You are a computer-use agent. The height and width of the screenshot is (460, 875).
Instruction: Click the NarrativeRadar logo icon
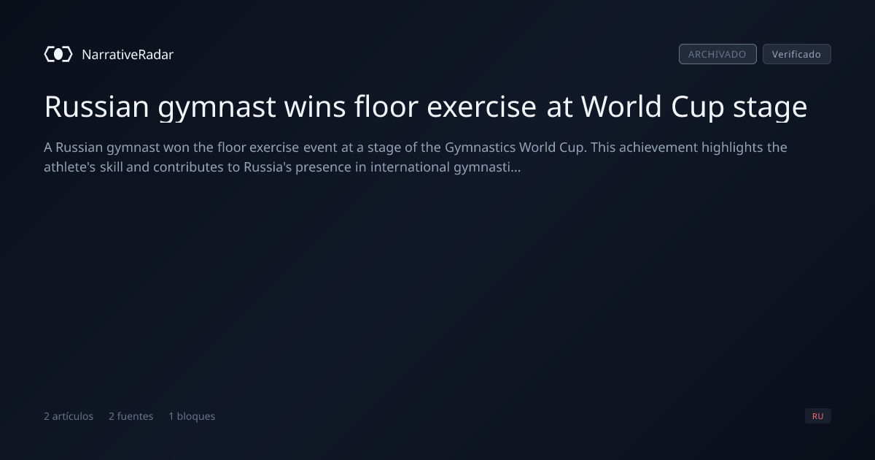(58, 54)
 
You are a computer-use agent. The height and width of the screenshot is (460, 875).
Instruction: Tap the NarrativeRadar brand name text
(128, 54)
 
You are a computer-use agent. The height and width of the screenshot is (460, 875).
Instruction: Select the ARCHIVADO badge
(717, 54)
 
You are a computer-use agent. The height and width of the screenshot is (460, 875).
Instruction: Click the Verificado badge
(797, 54)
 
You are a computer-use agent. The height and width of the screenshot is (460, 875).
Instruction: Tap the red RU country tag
(818, 415)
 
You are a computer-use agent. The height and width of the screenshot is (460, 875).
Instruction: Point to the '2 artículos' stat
(69, 416)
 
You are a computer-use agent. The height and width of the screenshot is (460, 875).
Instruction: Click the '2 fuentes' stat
(131, 416)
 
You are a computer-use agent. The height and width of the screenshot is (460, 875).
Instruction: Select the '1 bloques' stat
(192, 416)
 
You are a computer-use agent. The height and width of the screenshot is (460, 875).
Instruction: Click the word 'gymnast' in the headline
(217, 107)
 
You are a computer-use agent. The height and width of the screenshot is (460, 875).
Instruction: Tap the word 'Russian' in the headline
(96, 107)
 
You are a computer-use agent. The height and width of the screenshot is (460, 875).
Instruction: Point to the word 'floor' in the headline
(386, 106)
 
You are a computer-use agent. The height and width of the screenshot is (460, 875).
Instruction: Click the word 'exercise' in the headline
(482, 107)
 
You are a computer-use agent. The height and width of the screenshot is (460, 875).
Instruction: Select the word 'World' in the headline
(621, 106)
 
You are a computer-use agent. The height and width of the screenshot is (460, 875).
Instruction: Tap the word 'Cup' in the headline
(697, 107)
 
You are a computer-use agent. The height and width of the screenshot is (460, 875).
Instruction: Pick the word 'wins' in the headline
(315, 107)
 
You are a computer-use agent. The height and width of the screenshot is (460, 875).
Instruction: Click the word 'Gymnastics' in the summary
(480, 147)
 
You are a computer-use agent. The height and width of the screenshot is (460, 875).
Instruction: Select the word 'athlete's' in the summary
(69, 167)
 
